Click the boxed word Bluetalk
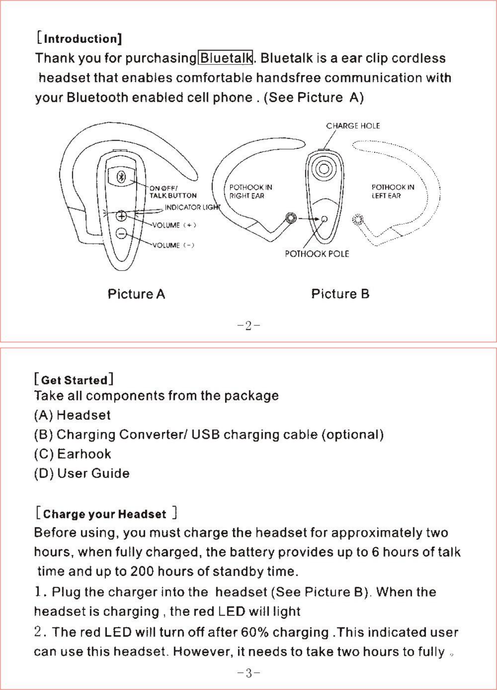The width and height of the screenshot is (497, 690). (226, 58)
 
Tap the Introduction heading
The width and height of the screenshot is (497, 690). (79, 39)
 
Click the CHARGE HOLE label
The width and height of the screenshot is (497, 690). (353, 126)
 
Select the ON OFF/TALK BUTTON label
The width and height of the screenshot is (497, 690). (173, 192)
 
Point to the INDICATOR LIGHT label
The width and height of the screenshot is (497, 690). (192, 207)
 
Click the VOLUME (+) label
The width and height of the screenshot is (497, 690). (174, 225)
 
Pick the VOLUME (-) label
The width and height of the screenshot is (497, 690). (173, 245)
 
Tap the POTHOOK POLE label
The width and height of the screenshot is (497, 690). (317, 254)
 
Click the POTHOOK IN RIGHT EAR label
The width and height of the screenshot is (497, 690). (251, 192)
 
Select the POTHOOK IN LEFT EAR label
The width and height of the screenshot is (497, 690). (392, 192)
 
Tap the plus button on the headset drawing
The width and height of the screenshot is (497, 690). (121, 216)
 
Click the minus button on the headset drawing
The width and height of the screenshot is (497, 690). (121, 233)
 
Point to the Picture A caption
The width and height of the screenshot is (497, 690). (136, 294)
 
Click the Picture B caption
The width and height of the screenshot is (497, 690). (340, 294)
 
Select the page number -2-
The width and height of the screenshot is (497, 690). (249, 326)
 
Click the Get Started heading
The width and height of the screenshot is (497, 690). (74, 380)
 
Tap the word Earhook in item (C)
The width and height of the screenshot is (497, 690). (84, 454)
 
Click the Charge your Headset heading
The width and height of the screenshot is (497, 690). (105, 514)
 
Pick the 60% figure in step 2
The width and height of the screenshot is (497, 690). (253, 632)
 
